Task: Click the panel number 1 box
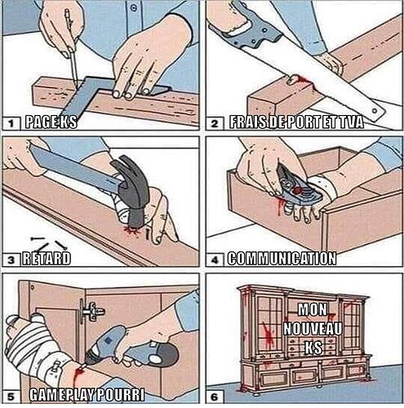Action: coord(11,123)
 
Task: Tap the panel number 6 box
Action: coord(215,397)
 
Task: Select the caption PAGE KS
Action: coord(51,122)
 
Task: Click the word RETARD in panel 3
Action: coord(47,259)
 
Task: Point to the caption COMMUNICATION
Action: coord(282,259)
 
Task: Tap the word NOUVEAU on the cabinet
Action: coord(313,329)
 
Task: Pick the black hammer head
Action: coord(132,190)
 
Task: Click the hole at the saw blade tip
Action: coord(375,111)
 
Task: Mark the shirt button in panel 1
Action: coord(133,8)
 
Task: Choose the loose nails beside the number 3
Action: coord(49,243)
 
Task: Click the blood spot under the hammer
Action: coord(134,230)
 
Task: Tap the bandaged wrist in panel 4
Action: coord(324,187)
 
